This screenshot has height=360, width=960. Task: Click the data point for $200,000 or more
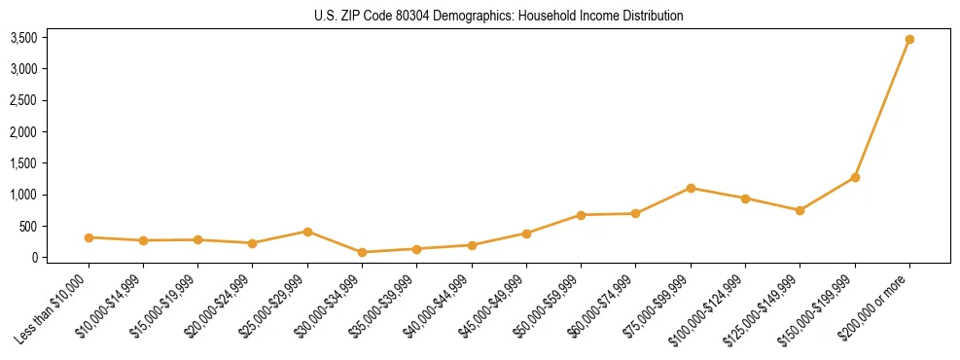909,40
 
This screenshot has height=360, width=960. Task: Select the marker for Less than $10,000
89,237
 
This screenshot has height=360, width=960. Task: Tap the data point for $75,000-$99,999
691,188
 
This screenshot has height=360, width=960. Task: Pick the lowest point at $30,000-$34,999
362,252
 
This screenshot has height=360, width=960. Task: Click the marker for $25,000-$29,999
307,232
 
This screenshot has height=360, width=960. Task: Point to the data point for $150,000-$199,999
855,177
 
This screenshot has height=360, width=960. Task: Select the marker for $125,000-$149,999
800,210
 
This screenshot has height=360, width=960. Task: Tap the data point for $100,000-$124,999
745,198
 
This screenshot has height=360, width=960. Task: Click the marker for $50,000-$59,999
581,215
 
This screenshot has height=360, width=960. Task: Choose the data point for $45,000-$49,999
526,234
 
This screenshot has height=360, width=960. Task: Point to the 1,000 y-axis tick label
23,195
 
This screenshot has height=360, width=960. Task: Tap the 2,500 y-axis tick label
23,100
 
